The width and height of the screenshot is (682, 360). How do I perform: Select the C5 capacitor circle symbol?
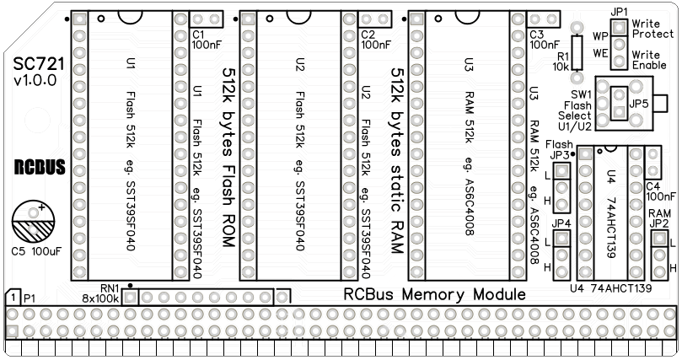tap(32, 221)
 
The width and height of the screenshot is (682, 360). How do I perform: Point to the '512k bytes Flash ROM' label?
tap(227, 158)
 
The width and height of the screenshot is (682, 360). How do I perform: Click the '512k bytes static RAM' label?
tap(394, 159)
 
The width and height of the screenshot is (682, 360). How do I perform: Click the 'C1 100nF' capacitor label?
tap(206, 40)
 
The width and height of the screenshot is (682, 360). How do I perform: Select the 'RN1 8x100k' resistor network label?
tap(102, 293)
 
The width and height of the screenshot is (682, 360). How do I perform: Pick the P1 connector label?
tap(23, 298)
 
